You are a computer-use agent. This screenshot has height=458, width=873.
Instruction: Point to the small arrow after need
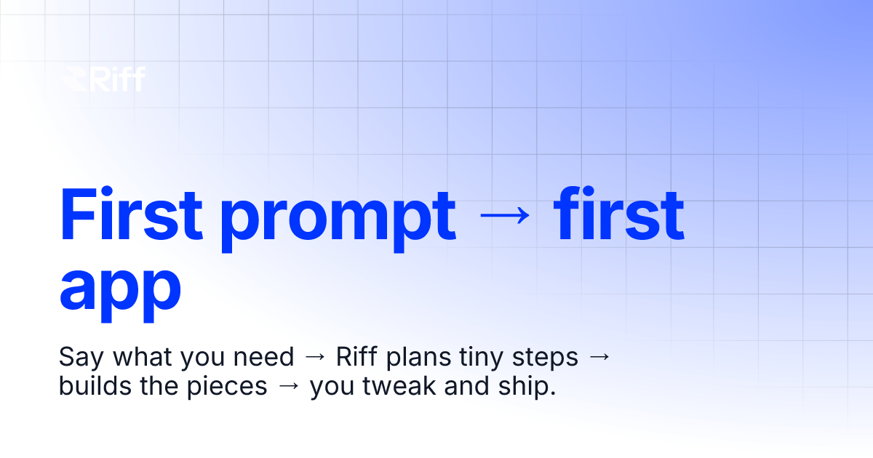pyautogui.click(x=315, y=358)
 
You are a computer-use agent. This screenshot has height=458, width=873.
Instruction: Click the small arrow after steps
pyautogui.click(x=598, y=358)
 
